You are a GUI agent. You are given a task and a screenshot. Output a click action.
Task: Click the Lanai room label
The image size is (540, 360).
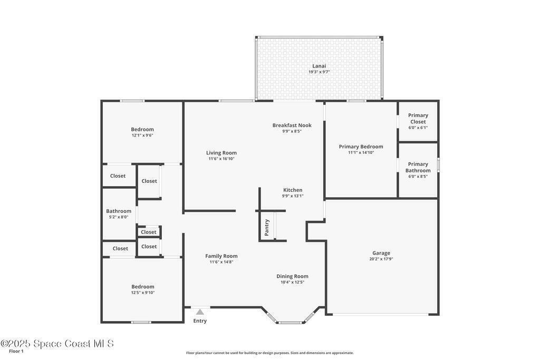(x=319, y=66)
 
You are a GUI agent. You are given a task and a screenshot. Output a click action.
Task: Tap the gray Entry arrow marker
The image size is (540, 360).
(x=200, y=312)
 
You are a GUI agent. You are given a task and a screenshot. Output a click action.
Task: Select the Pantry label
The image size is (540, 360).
(x=267, y=228)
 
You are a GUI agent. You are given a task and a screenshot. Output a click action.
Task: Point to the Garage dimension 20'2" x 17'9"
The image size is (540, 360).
(x=381, y=259)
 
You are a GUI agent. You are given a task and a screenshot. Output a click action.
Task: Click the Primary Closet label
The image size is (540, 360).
(x=418, y=119)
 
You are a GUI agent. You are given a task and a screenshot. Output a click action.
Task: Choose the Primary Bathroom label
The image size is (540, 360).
(x=418, y=167)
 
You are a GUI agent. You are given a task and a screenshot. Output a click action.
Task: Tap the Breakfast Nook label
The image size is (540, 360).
(x=292, y=125)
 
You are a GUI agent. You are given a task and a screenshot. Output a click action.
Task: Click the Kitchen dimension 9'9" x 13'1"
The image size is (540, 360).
(x=293, y=196)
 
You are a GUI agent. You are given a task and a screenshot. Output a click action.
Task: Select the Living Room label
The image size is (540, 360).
(x=221, y=153)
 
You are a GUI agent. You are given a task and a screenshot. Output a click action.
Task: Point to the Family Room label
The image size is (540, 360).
(x=221, y=256)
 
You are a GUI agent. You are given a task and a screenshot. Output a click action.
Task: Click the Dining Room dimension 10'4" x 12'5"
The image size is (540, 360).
(x=292, y=282)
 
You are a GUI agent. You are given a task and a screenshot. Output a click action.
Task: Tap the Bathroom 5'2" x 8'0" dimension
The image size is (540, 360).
(x=119, y=217)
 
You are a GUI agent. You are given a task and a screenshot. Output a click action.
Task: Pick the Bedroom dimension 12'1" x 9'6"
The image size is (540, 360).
(x=142, y=135)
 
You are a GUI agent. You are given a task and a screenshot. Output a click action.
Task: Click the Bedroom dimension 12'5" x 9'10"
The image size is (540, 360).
(x=142, y=293)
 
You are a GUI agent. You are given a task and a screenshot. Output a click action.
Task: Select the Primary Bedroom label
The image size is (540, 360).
(x=361, y=147)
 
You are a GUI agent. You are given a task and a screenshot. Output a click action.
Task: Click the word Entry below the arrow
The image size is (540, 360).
(x=200, y=321)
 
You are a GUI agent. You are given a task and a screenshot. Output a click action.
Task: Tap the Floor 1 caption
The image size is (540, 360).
(x=16, y=351)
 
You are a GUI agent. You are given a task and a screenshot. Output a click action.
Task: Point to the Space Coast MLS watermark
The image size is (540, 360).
(x=57, y=344)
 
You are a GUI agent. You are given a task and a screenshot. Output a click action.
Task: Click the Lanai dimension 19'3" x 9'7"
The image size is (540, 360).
(x=319, y=72)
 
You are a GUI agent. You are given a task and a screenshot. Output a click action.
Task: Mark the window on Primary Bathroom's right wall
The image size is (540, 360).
(x=438, y=164)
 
